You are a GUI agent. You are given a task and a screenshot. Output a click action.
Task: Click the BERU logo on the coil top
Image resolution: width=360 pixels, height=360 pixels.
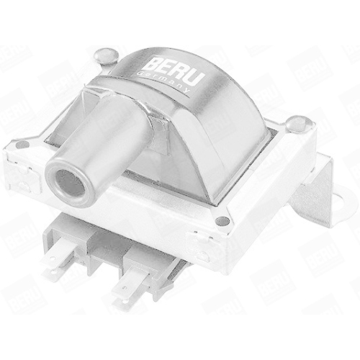click(x=176, y=69)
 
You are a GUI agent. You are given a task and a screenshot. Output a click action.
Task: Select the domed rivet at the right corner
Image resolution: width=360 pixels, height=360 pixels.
click(x=294, y=123)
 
